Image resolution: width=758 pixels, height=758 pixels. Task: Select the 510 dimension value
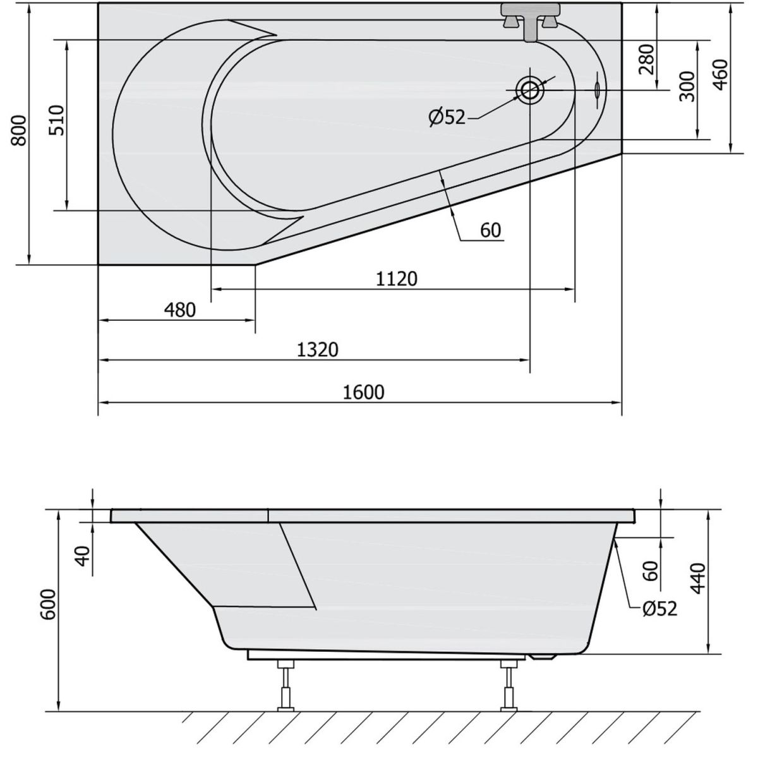pos(57,120)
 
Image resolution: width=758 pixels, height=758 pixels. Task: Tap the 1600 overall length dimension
pos(364,392)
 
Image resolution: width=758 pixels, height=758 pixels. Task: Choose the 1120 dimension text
pos(397,278)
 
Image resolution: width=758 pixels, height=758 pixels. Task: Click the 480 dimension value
pos(180,310)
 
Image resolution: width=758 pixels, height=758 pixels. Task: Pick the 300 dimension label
pos(688,86)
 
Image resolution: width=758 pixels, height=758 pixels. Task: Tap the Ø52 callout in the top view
pos(446,117)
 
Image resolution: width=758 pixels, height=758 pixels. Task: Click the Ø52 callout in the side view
pos(659,608)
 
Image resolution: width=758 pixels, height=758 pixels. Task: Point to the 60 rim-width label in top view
pos(490,231)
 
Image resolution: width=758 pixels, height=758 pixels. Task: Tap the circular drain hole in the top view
pos(529,90)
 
